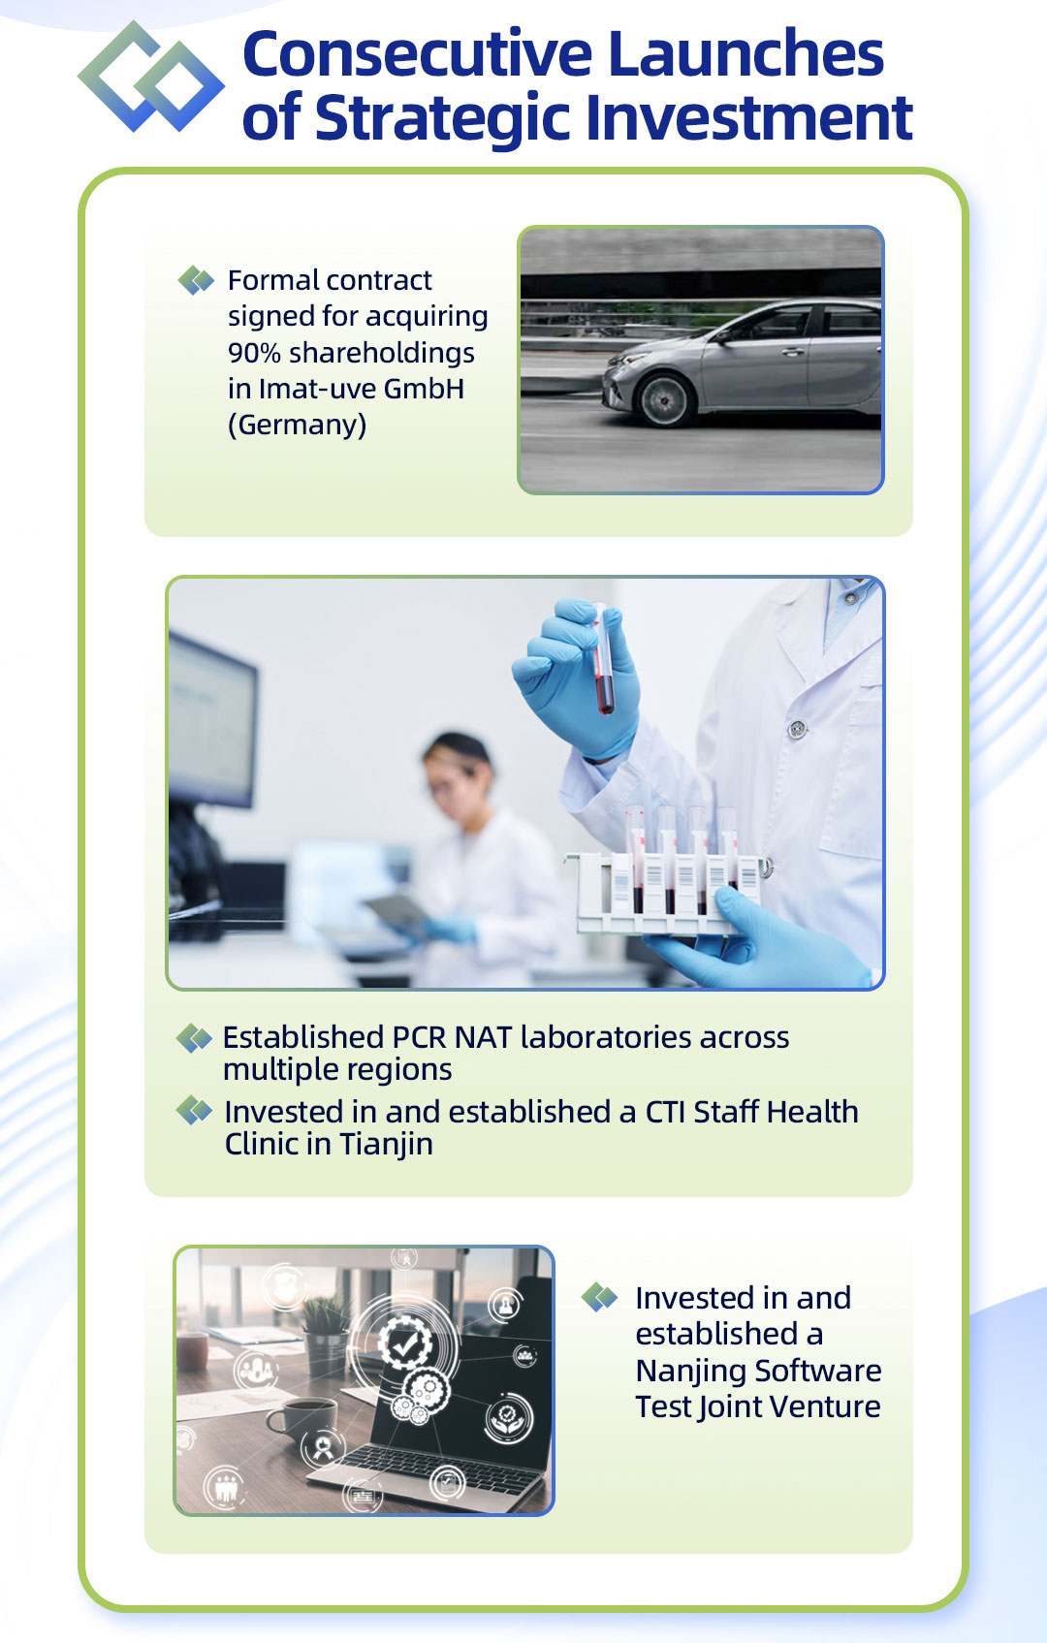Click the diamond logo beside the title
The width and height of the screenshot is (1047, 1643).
[x=151, y=77]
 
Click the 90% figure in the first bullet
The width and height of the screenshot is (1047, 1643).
[x=254, y=353]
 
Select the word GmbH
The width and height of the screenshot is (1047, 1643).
[x=424, y=389]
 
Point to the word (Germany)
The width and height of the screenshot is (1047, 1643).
[x=298, y=425]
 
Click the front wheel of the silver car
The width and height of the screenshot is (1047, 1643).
[x=664, y=399]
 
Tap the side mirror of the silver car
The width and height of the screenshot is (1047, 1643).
[x=723, y=336]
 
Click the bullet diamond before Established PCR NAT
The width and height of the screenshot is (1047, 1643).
[x=195, y=1038]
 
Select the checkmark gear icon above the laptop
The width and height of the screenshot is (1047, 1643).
[x=404, y=1343]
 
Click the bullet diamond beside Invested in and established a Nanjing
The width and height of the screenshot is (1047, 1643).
[x=599, y=1298]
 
